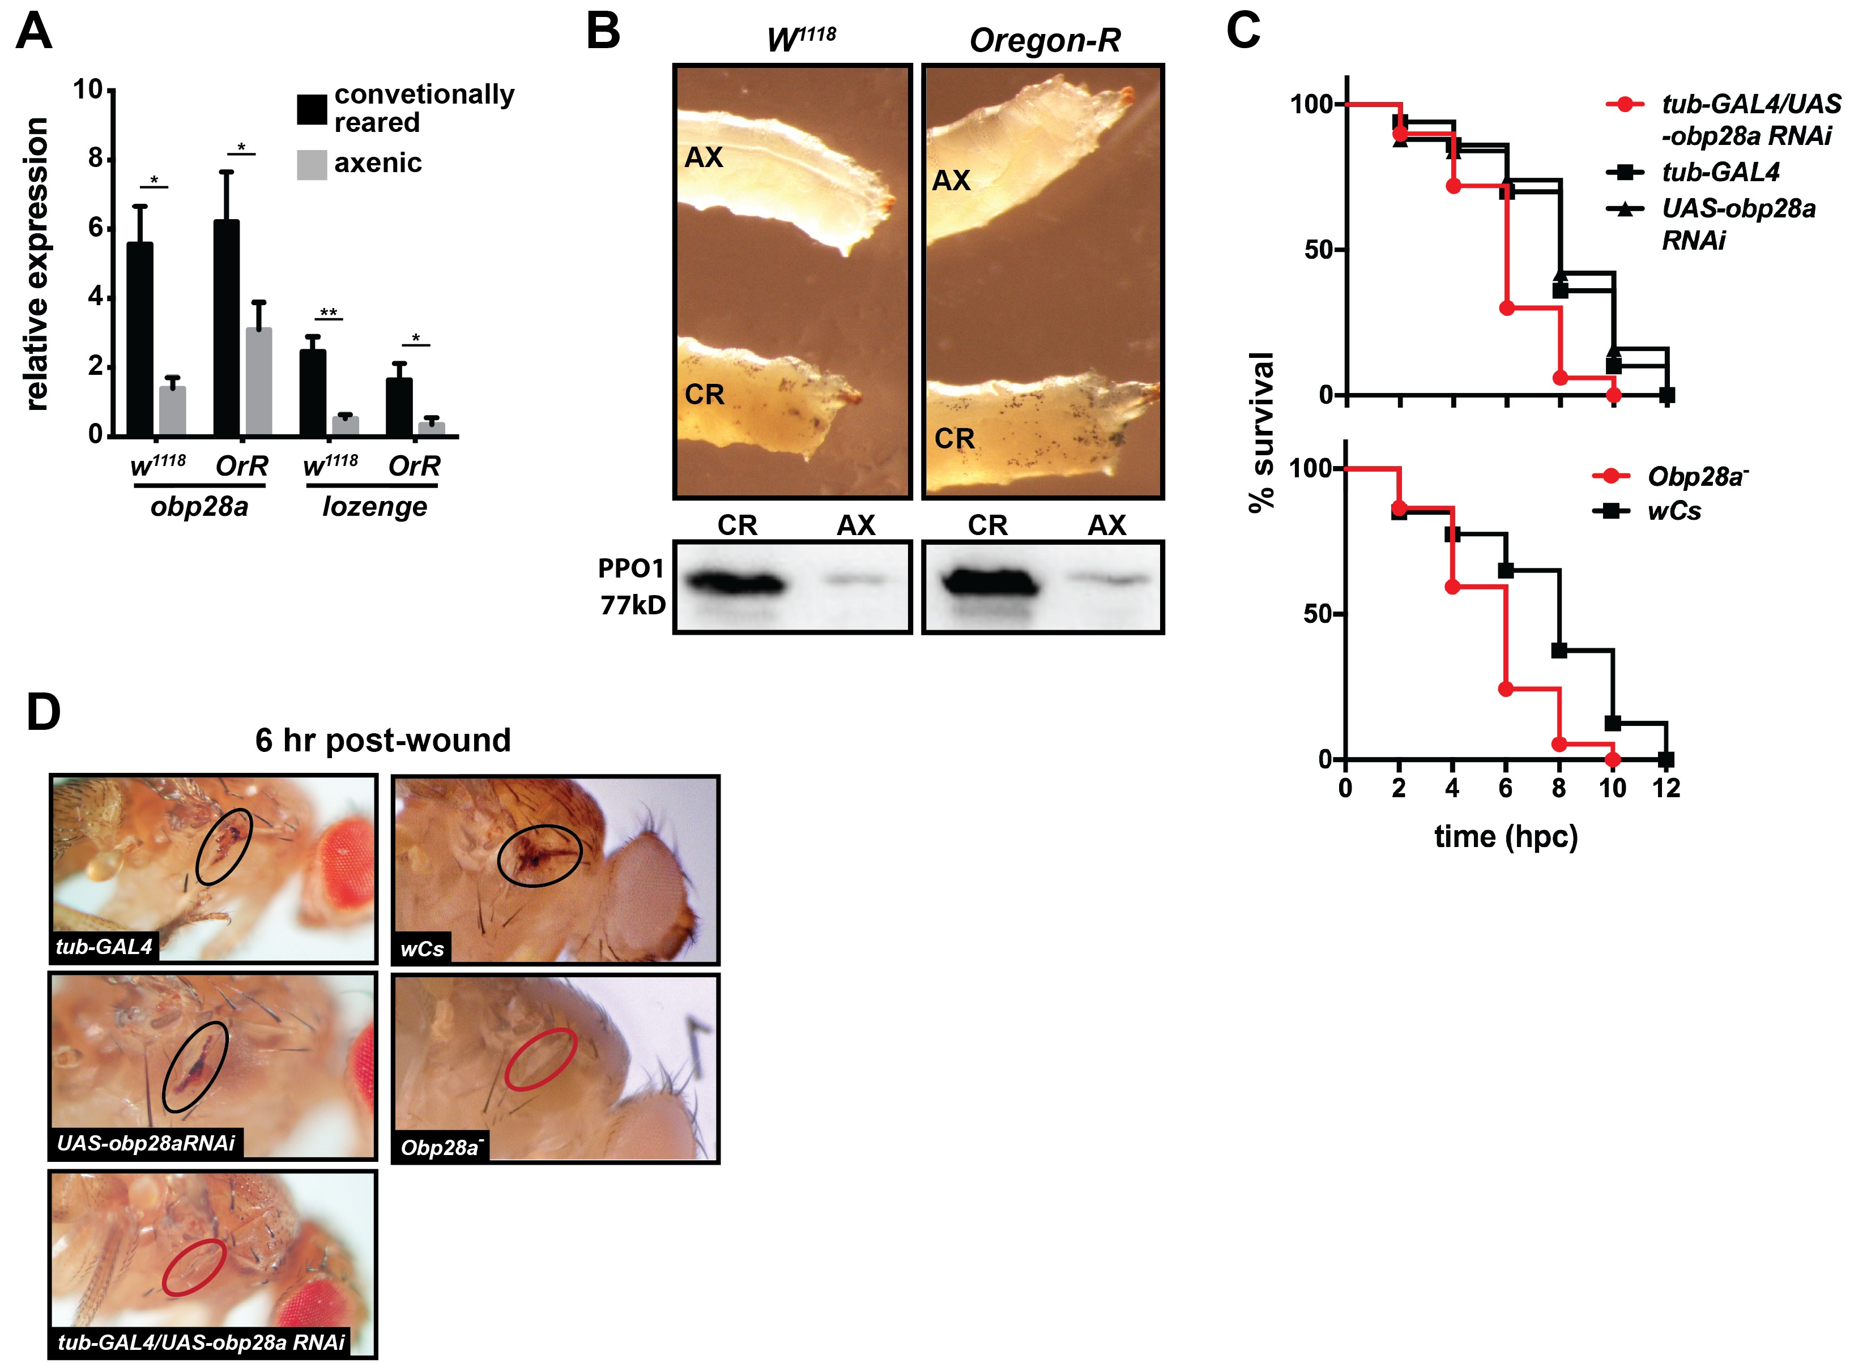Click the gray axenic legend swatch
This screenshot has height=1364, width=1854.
tap(312, 164)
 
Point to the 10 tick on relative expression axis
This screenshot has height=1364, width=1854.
tap(88, 89)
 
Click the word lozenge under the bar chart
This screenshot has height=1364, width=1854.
tap(374, 506)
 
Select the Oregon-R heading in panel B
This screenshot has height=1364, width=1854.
tap(1044, 40)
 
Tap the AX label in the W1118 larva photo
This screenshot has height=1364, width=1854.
tap(704, 157)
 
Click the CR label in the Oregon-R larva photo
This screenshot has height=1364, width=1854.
tap(954, 438)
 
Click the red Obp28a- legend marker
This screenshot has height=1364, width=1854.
tap(1610, 476)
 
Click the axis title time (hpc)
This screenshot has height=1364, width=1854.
tap(1506, 836)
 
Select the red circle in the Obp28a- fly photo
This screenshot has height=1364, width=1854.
tap(541, 1058)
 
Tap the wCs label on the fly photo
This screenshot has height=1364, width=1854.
tap(422, 949)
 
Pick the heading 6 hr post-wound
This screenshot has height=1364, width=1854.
tap(382, 740)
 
